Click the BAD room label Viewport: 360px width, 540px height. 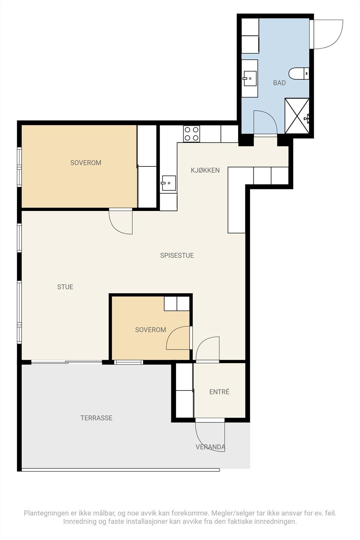(279, 83)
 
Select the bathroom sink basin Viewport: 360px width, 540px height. (250, 78)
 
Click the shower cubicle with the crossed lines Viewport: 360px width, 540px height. (297, 116)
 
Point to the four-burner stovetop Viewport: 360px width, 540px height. (192, 134)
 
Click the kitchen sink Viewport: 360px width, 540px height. (169, 183)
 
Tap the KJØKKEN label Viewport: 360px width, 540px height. (205, 170)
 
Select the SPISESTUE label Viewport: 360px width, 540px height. (177, 255)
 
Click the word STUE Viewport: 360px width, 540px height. (65, 287)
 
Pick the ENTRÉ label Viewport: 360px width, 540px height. (219, 392)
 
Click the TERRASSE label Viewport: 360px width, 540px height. (96, 418)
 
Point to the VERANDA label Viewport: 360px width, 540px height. (210, 447)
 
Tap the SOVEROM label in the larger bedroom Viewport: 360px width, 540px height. (86, 163)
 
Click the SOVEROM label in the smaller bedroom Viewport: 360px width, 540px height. (150, 330)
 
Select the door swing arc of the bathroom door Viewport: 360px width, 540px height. (273, 118)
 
